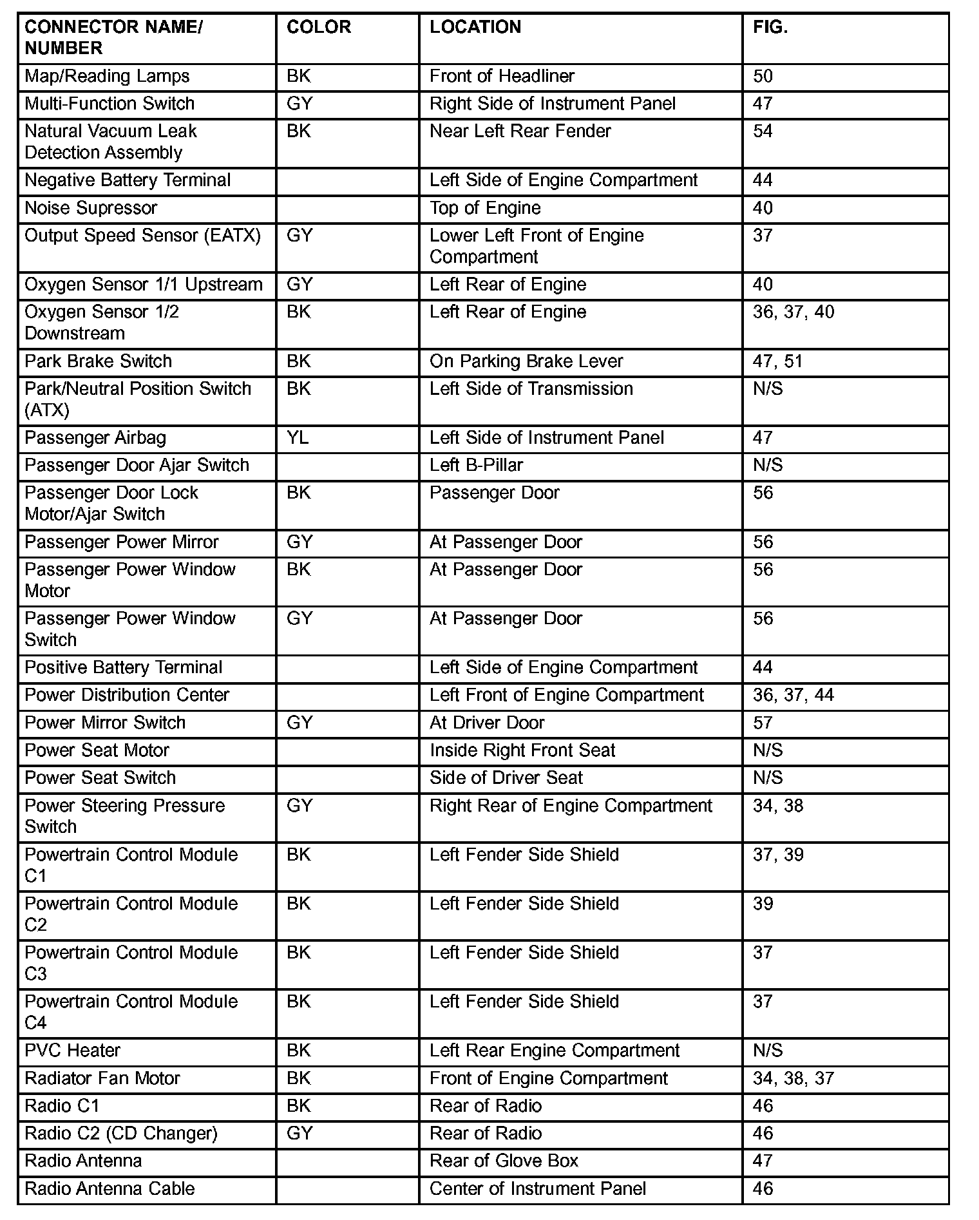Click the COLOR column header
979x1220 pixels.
(319, 27)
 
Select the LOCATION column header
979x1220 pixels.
(475, 27)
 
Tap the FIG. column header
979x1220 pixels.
(770, 27)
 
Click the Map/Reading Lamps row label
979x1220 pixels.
(107, 76)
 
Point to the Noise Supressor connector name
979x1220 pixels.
(91, 208)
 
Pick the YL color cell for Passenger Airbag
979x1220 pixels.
(298, 438)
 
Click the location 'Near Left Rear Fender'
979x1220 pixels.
(520, 131)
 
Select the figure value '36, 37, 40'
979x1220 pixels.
(793, 312)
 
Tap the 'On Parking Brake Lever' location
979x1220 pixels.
(526, 361)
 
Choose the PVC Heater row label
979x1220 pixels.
(73, 1051)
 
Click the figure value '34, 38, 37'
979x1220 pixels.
(793, 1078)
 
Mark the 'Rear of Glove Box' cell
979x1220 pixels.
(504, 1161)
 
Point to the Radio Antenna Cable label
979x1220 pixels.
(109, 1188)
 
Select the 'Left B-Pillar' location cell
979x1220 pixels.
(476, 465)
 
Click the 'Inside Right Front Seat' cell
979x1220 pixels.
(522, 750)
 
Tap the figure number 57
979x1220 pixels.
(763, 723)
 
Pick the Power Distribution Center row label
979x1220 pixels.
(127, 695)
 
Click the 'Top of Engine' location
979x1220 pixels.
(485, 208)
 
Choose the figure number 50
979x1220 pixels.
(763, 76)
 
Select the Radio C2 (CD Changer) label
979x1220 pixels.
(121, 1133)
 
